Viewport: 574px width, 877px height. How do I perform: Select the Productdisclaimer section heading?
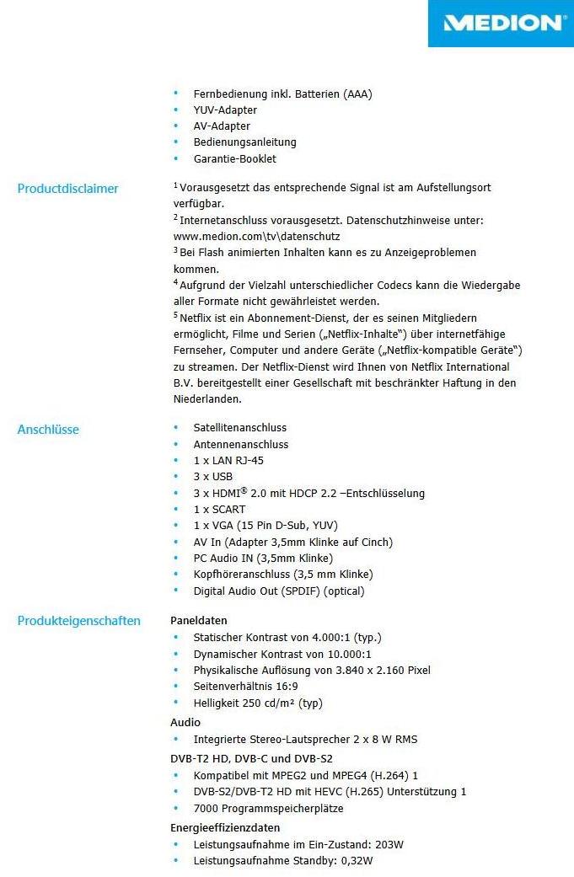click(68, 189)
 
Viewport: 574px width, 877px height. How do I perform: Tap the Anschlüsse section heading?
click(48, 430)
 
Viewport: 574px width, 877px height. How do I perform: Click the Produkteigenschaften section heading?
click(79, 621)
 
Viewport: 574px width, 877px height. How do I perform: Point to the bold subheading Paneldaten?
click(199, 621)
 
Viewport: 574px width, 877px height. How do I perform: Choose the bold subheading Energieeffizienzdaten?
click(225, 827)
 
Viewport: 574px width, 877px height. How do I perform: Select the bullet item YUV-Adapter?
click(225, 110)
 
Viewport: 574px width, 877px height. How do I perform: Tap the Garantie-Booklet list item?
click(234, 158)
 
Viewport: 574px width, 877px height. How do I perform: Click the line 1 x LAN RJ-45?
click(228, 461)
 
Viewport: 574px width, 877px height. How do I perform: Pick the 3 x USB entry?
click(212, 477)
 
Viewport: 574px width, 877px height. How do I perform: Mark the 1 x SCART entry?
click(219, 510)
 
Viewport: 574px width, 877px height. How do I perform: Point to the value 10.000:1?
click(343, 654)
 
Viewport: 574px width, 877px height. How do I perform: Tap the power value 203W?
click(389, 844)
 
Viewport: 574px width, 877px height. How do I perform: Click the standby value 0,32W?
click(356, 860)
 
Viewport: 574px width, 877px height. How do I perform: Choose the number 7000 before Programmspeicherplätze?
click(206, 809)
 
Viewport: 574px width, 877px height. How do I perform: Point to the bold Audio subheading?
click(185, 723)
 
